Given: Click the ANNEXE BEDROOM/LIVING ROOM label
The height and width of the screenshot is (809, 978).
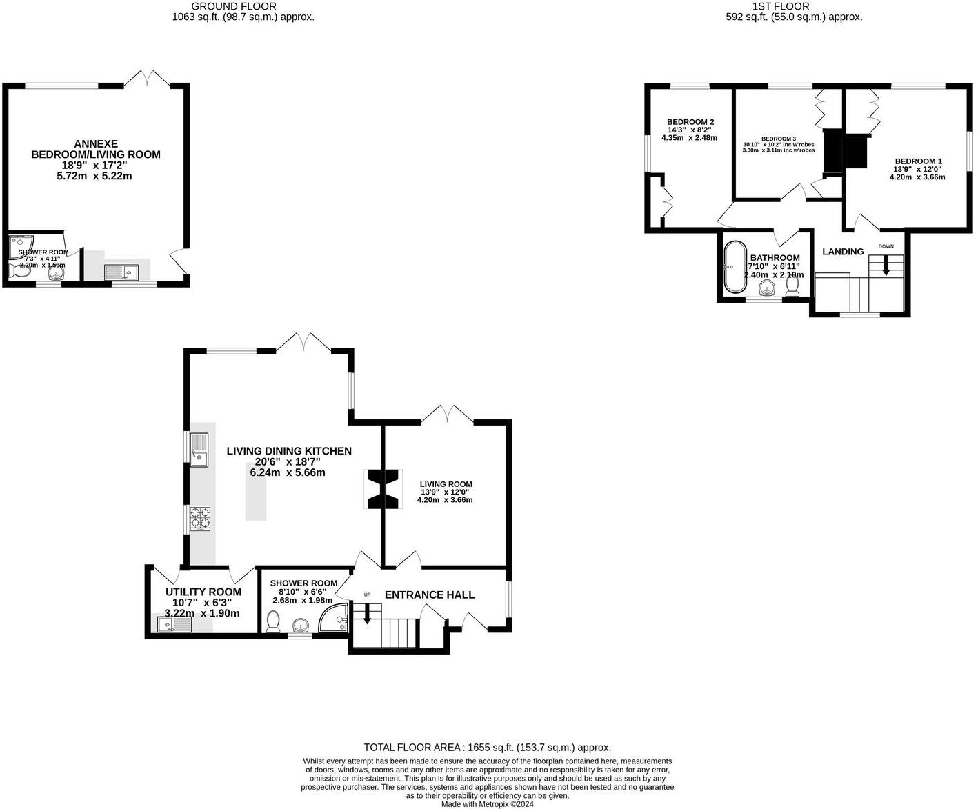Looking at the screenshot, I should (96, 149).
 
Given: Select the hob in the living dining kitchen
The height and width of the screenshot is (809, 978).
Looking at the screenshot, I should (200, 519).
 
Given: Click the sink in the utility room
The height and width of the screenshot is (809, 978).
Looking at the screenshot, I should (174, 625).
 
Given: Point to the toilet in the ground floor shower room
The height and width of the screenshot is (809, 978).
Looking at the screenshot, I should (273, 622).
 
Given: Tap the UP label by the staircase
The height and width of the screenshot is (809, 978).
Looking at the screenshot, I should (367, 595).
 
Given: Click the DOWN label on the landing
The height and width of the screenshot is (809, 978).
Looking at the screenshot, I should (886, 246).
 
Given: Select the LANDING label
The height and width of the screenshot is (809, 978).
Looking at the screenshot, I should (843, 252).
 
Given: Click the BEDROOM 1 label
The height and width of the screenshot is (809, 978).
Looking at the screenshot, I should (917, 161).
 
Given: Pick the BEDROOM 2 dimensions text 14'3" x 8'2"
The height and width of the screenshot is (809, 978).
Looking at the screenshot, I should (689, 130).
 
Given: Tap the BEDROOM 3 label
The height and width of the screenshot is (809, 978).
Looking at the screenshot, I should (779, 139).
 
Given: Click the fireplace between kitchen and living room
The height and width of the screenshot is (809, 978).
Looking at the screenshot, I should (382, 489).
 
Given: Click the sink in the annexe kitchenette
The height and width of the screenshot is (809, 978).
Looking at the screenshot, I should (121, 272).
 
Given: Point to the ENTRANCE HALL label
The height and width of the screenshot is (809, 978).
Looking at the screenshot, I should (429, 595).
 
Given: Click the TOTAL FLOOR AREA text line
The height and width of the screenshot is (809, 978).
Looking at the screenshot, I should (487, 748).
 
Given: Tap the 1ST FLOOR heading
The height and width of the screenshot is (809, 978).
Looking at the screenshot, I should (795, 6).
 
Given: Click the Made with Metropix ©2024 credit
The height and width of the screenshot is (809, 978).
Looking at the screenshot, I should (487, 803).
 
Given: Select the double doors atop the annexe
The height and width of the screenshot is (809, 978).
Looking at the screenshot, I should (147, 78).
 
